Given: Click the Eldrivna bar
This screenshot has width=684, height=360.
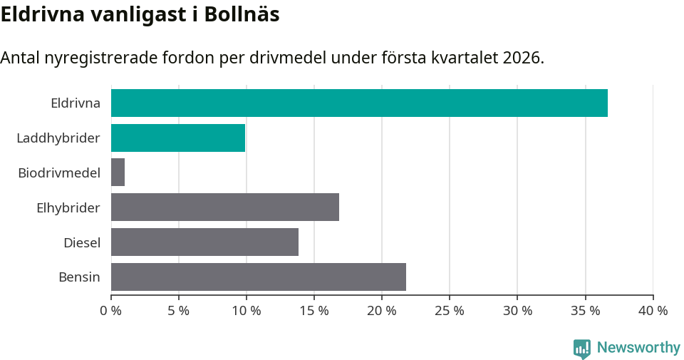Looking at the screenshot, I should (359, 103).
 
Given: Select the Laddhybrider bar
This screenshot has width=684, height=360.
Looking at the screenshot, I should (178, 138).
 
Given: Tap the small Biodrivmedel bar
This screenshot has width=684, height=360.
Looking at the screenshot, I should (118, 173).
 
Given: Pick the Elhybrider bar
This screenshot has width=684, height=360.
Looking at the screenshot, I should (225, 207).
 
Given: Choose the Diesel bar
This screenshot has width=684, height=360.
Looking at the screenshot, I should (204, 242).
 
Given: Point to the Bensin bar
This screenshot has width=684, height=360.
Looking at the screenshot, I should (259, 277).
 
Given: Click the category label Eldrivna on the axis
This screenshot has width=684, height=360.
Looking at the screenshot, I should (76, 103).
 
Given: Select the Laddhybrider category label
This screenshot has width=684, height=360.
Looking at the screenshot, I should (58, 138).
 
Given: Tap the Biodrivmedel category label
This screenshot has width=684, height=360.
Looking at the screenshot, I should (59, 173).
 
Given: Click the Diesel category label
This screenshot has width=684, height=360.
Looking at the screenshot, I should (82, 242).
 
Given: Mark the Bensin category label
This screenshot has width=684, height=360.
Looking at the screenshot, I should (79, 277).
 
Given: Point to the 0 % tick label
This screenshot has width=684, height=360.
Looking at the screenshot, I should (111, 311).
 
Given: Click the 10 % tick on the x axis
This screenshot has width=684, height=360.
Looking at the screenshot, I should (247, 311).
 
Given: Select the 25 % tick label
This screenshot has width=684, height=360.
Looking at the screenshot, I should (450, 311).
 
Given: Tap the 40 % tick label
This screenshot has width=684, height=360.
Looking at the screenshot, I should (653, 311).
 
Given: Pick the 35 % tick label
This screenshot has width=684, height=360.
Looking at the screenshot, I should (586, 311).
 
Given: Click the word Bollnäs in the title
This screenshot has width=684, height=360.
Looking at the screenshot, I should (242, 15).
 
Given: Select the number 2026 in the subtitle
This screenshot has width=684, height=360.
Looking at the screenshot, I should (522, 58).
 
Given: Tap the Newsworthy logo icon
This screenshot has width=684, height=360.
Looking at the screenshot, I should (582, 348).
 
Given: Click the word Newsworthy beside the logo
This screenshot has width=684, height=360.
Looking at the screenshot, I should (638, 348).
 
